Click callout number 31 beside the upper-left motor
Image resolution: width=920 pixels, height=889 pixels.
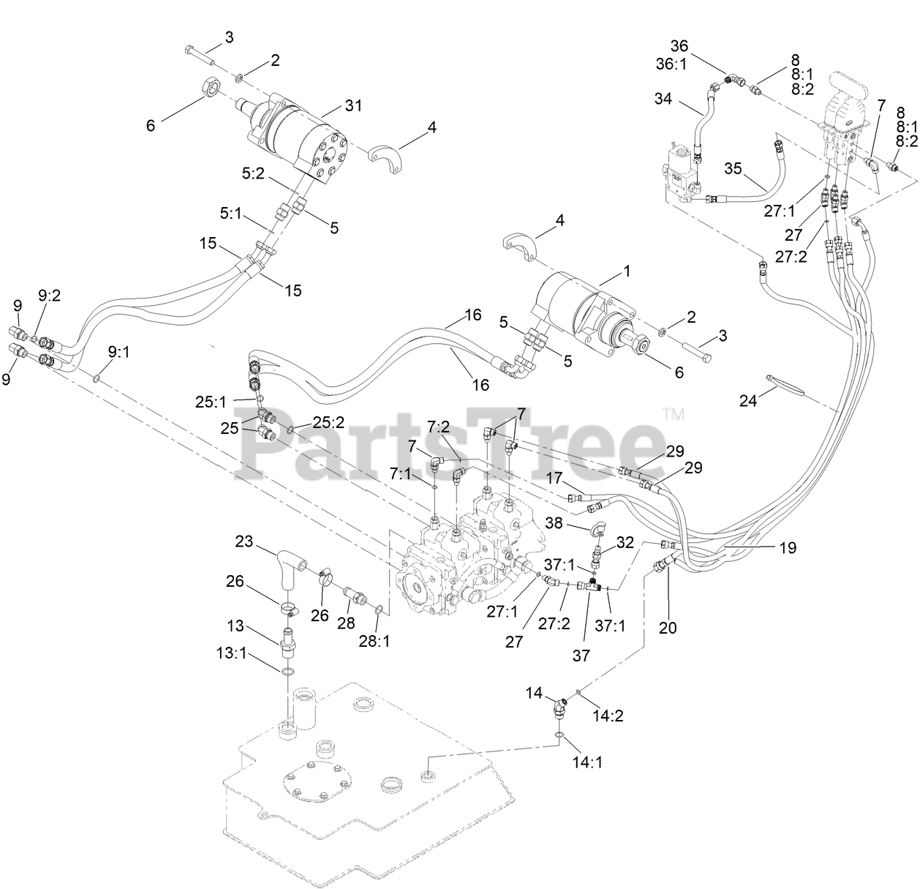tap(353, 106)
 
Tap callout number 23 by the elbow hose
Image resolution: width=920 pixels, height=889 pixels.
tap(244, 542)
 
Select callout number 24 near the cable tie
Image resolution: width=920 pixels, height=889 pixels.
tap(748, 401)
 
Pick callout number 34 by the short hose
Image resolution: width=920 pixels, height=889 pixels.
tap(663, 98)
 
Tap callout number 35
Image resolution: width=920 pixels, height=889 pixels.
tap(733, 168)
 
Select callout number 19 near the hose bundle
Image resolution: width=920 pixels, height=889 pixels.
tap(787, 547)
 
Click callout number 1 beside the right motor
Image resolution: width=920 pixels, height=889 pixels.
tap(626, 271)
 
